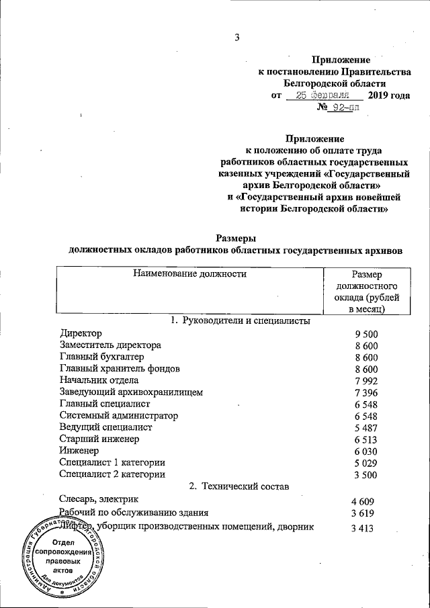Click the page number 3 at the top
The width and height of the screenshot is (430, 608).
236,38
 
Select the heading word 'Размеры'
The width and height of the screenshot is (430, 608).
236,236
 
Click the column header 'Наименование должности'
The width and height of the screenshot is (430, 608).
190,273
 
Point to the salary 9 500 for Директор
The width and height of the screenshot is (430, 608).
367,334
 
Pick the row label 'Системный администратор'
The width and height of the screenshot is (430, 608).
114,416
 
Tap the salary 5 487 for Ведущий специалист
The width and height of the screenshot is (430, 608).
367,427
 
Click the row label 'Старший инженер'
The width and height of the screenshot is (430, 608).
99,439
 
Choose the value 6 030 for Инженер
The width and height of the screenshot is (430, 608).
367,451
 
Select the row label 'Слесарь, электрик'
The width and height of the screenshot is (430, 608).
99,500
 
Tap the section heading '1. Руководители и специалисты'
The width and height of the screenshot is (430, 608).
240,320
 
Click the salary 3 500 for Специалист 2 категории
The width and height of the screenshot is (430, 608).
367,474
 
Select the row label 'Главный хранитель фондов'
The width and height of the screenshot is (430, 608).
120,369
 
